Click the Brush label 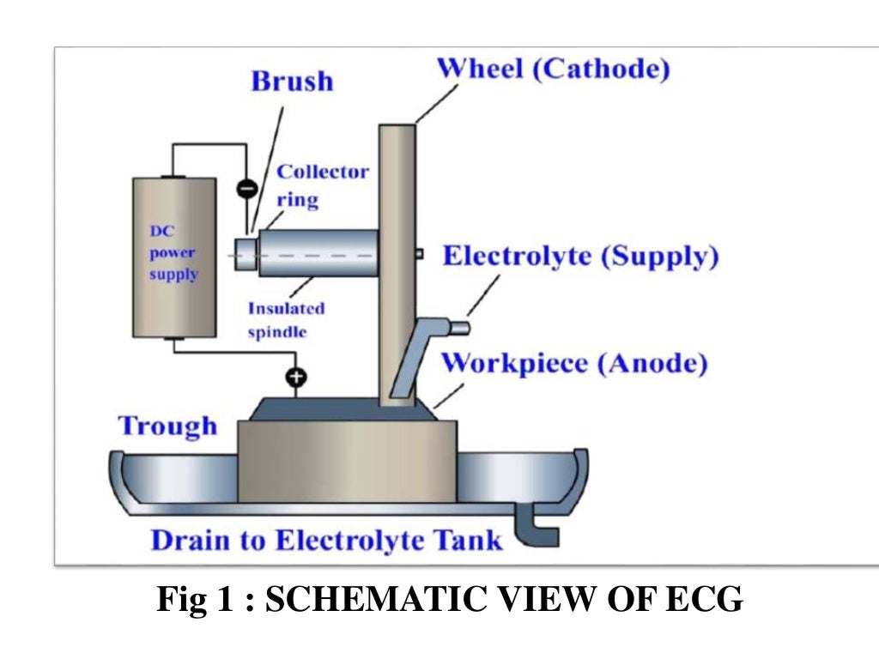click(292, 82)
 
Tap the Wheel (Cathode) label click(554, 69)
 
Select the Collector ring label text click(322, 185)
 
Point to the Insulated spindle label click(286, 319)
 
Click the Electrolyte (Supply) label click(580, 257)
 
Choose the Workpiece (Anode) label click(574, 363)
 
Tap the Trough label click(167, 426)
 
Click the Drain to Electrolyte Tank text click(326, 541)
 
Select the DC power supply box click(173, 257)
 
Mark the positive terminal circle click(298, 376)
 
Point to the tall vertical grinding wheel click(397, 257)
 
